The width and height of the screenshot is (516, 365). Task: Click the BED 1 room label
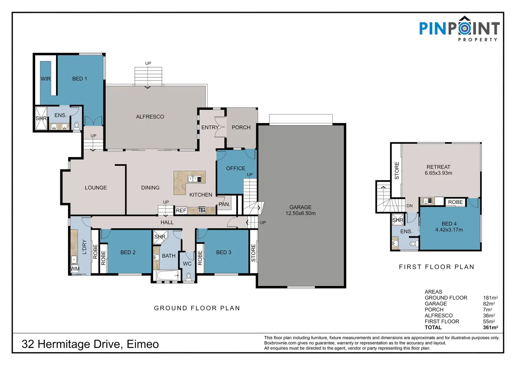pos(80,79)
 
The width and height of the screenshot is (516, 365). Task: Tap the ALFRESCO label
pos(150,117)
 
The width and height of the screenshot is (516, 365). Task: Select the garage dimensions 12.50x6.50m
pos(301,214)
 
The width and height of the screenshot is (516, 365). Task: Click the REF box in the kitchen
pos(181,210)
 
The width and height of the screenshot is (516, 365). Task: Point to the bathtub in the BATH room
pos(167,275)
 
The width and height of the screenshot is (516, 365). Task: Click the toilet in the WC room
pos(189,276)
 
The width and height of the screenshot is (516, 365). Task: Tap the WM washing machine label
pos(75,269)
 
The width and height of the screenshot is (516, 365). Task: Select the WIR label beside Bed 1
pos(46,79)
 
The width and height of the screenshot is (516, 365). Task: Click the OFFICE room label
pos(236,168)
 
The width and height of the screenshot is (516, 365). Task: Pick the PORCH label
pos(241,127)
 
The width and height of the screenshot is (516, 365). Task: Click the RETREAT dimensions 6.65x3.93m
pos(439,173)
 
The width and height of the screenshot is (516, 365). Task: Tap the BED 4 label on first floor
pos(449,224)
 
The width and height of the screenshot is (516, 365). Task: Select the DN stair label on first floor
pos(409,206)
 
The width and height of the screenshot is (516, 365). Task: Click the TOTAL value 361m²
pos(490,327)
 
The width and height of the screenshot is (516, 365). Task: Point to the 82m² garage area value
pos(489,304)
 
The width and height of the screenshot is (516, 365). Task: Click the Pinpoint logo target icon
pos(464,29)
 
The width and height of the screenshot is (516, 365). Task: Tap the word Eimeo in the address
pos(143,344)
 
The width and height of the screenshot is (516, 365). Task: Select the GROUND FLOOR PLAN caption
pos(197,308)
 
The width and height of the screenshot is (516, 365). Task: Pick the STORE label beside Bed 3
pos(253,253)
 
